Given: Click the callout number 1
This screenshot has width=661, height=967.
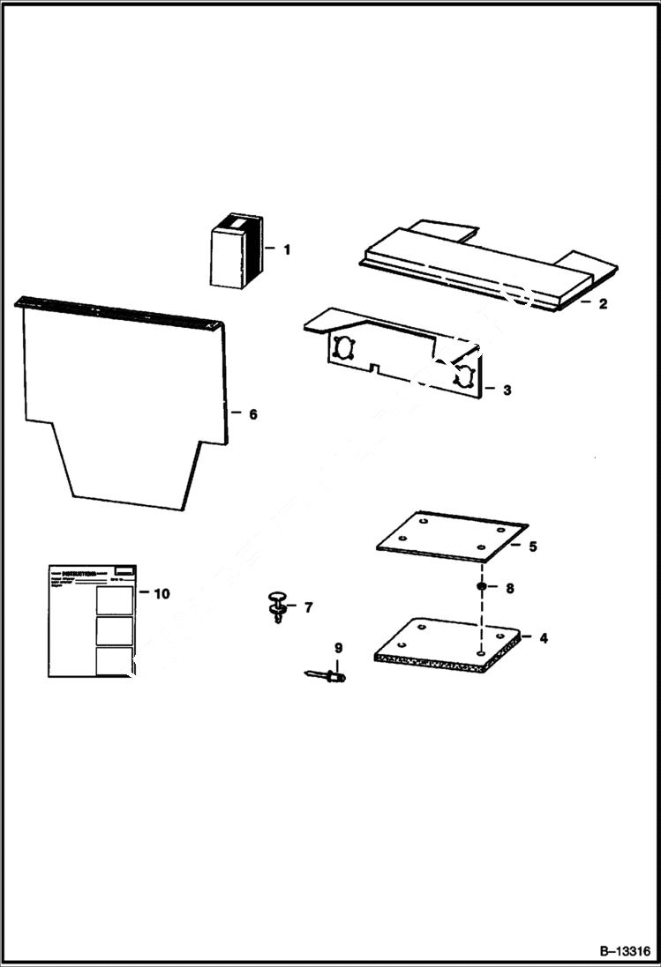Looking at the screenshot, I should (x=286, y=249).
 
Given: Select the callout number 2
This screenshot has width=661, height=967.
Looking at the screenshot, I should (x=603, y=304).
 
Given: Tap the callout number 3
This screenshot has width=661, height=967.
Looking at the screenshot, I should (x=506, y=390).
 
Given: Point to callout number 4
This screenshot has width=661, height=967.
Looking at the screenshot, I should (x=543, y=637).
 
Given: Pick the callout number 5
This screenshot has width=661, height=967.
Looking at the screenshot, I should (x=532, y=547).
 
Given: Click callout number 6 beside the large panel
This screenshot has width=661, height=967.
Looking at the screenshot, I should (x=252, y=414).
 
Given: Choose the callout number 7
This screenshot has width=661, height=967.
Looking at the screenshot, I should (x=308, y=607).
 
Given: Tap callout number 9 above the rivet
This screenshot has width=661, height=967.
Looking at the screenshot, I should (x=337, y=648).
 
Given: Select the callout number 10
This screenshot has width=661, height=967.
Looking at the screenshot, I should (x=161, y=593).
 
